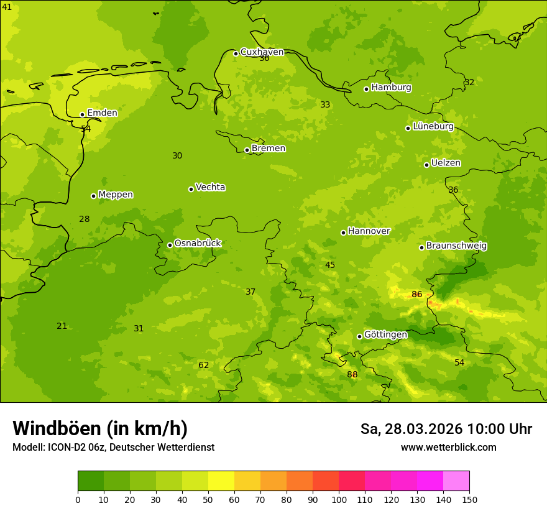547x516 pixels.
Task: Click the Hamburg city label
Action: tap(391, 88)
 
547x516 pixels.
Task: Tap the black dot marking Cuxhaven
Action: tap(236, 53)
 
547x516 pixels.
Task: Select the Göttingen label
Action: tap(385, 334)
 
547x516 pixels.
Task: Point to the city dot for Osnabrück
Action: tap(170, 245)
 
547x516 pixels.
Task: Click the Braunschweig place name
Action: tap(456, 246)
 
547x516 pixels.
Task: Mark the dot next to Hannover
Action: tap(343, 233)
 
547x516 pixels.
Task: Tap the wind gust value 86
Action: tap(416, 295)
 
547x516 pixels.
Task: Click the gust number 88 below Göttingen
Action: tap(352, 375)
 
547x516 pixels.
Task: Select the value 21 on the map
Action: tap(62, 326)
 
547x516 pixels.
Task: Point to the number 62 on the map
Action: tap(204, 366)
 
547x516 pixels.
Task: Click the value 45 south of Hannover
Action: tap(330, 265)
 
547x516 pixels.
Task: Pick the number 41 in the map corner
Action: tap(7, 7)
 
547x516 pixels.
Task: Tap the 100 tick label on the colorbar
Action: tap(339, 500)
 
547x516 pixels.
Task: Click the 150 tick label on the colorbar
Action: tap(469, 500)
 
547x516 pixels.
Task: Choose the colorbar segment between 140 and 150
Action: tap(456, 481)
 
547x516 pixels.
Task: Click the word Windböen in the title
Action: tap(57, 429)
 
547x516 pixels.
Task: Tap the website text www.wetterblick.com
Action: tap(448, 448)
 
